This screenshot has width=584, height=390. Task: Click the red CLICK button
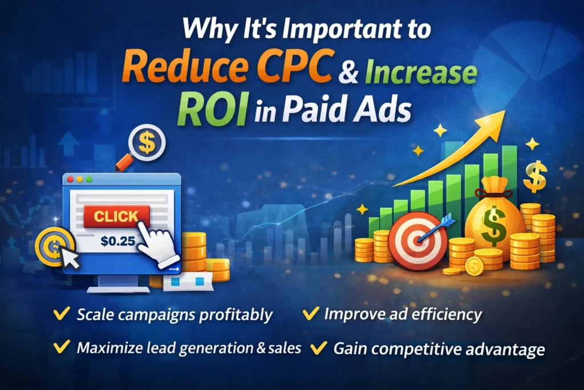click(116, 217)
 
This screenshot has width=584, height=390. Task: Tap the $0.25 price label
click(117, 240)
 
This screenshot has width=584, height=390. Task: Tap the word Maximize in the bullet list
click(103, 348)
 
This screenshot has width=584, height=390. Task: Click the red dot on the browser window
click(71, 179)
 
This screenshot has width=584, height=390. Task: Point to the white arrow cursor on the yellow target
click(70, 258)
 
